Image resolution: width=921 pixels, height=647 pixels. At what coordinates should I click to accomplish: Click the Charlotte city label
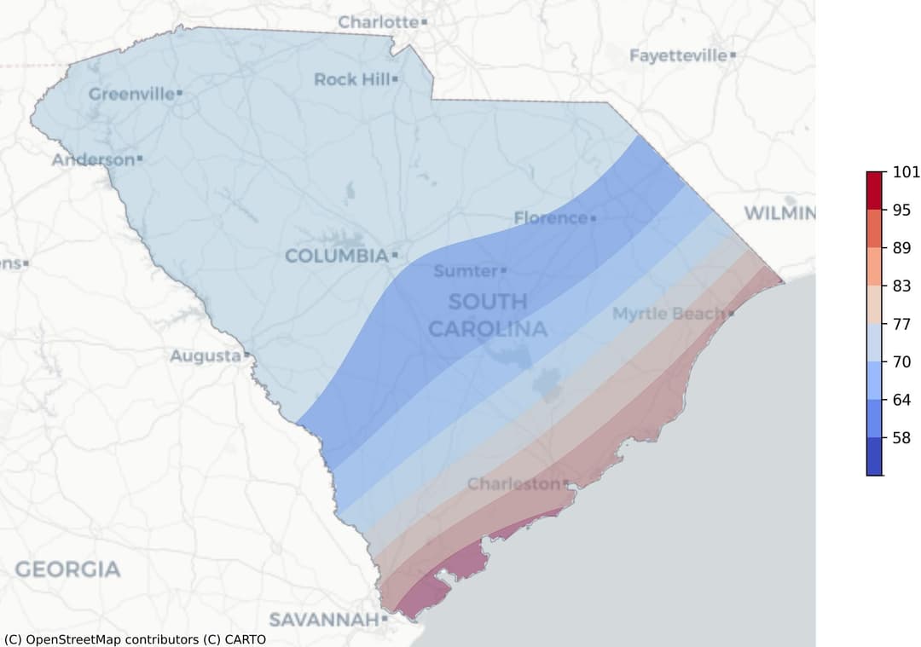click(379, 22)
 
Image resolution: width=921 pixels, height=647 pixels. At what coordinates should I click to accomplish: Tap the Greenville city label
click(131, 94)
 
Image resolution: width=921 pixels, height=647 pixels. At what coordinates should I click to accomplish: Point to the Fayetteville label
click(679, 55)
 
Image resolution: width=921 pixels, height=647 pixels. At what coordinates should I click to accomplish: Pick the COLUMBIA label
click(336, 256)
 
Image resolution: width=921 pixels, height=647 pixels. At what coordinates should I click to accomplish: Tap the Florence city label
click(551, 218)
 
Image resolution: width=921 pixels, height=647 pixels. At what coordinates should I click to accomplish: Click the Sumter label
click(465, 271)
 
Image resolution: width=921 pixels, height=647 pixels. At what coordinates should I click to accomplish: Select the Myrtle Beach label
click(668, 314)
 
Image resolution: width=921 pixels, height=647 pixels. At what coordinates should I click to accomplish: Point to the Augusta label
click(206, 355)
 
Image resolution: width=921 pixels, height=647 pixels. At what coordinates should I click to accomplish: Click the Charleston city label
click(513, 484)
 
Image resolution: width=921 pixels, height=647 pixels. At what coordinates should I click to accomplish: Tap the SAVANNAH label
click(323, 620)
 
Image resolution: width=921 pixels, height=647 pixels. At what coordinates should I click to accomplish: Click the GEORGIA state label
click(68, 569)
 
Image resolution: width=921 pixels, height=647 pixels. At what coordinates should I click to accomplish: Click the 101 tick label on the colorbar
click(906, 172)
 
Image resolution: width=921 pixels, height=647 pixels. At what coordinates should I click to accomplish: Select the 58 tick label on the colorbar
click(901, 438)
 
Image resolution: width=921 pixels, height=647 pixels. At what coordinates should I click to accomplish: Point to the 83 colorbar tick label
click(901, 286)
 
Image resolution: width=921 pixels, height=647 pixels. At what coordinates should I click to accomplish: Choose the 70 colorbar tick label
click(901, 362)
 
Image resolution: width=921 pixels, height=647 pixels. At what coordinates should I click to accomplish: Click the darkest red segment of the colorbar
click(875, 190)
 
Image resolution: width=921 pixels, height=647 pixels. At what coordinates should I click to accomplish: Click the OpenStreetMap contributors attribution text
click(135, 638)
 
